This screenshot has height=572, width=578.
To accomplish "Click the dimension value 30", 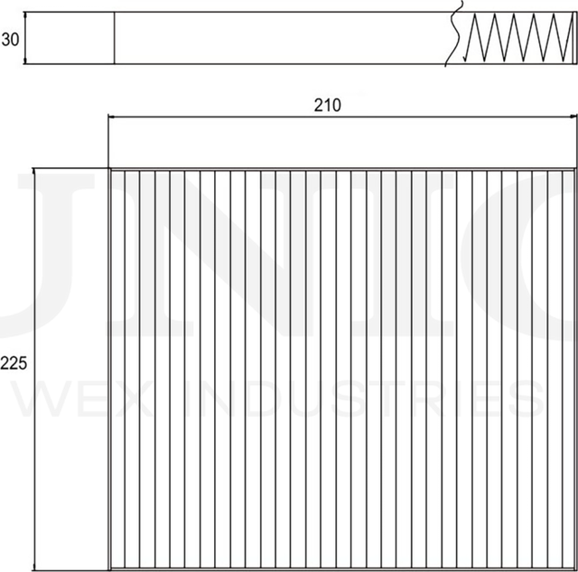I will point(11,39).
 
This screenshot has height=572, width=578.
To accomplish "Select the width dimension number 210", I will point(327,105).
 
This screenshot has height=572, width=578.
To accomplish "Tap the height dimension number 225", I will point(14,364).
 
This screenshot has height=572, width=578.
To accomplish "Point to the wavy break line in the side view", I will point(457,36).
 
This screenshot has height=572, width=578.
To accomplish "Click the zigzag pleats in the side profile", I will point(515,39).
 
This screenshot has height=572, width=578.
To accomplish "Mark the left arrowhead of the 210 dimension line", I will point(112,117).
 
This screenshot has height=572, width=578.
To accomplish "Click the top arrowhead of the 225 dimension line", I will point(34,172).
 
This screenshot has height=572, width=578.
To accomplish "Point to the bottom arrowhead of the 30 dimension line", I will point(26,61).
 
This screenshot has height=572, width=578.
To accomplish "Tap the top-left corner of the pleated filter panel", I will point(110,169).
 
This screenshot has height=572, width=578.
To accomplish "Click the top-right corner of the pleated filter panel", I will point(573,169).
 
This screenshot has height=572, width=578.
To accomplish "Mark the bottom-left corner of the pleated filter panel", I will point(110,568).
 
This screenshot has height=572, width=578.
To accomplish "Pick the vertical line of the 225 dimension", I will point(34,271).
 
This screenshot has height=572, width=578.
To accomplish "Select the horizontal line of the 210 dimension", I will point(226,117).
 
